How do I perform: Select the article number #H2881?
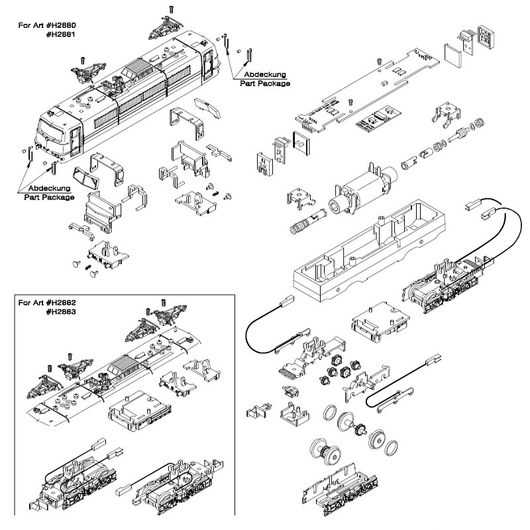click(61, 34)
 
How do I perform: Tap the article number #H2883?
click(61, 311)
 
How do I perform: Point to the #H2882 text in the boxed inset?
click(61, 303)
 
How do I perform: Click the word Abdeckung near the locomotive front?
click(49, 188)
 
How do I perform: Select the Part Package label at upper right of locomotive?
click(265, 83)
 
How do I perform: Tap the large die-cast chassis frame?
click(368, 250)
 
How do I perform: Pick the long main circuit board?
click(367, 91)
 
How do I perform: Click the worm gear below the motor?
click(306, 222)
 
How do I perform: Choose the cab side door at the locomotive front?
click(76, 142)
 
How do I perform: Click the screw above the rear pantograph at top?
click(172, 10)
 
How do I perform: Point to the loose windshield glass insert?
click(85, 178)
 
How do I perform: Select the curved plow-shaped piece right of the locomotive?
click(207, 108)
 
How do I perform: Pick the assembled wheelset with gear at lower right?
click(325, 451)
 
